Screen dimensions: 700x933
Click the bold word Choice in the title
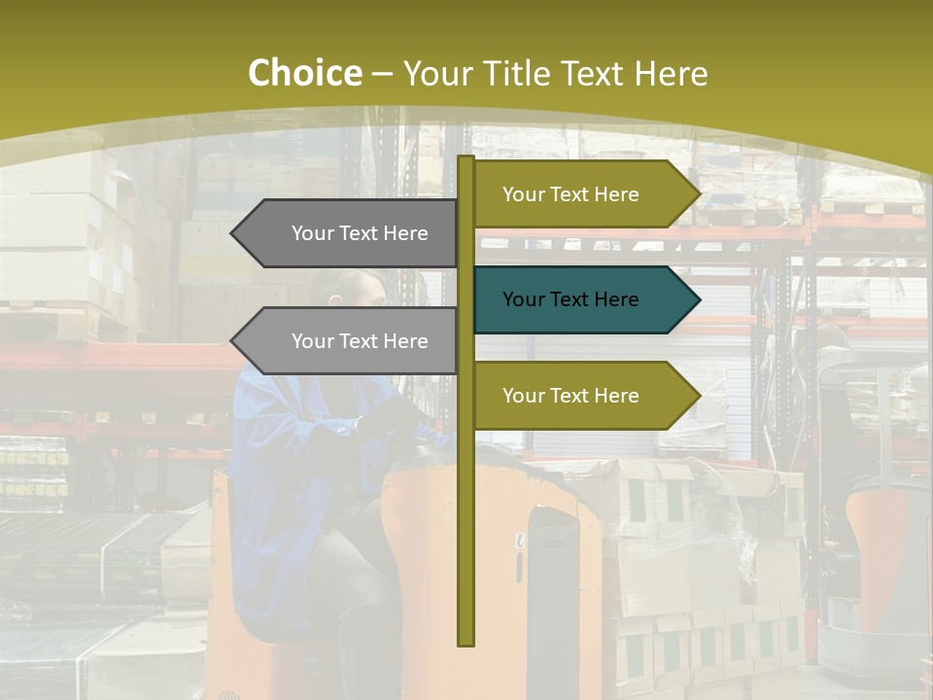point(304,73)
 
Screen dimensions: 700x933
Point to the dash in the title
point(382,74)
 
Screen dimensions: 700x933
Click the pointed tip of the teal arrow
point(698,299)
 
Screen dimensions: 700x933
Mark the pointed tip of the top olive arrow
point(698,194)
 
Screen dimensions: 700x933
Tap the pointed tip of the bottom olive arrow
point(698,396)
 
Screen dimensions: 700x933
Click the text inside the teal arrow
point(570,299)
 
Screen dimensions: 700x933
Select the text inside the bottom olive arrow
point(570,396)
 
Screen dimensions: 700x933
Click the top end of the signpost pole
point(466,158)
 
